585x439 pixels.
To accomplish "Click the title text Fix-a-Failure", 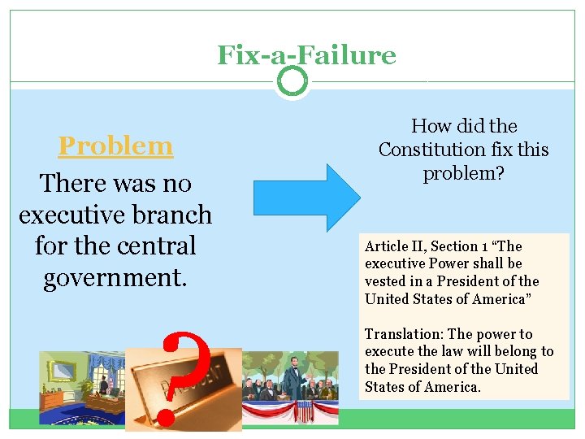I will [306, 54].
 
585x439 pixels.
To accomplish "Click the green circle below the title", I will [292, 80].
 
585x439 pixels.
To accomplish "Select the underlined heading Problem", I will [115, 146].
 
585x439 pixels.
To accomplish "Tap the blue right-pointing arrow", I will [305, 198].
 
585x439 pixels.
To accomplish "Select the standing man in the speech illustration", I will [291, 379].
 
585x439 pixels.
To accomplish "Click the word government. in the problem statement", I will [115, 277].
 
